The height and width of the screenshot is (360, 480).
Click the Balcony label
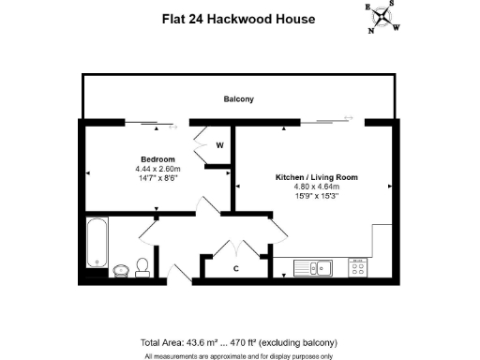(x=238, y=98)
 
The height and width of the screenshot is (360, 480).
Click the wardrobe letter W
(x=219, y=145)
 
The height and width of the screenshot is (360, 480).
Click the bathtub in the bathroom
(x=97, y=241)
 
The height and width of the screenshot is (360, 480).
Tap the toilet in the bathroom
(x=142, y=266)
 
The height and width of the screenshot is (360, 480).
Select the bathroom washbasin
(x=121, y=271)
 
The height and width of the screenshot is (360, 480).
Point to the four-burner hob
(x=357, y=267)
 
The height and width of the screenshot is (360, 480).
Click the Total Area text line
(x=237, y=341)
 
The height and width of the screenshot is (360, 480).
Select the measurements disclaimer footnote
(x=239, y=355)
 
